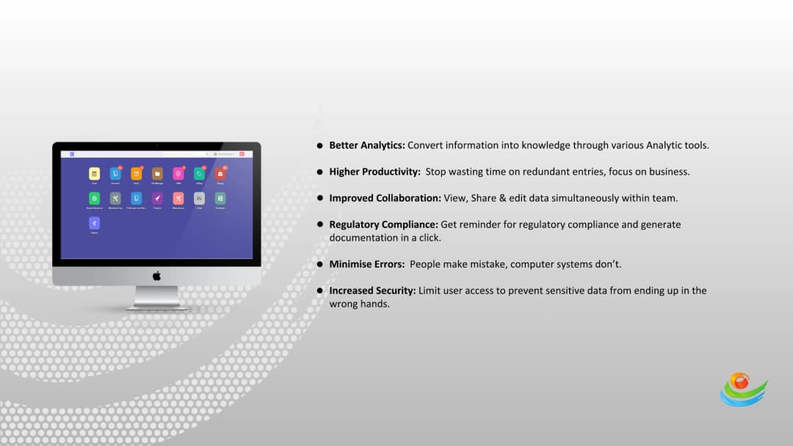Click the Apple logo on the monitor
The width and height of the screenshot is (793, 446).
click(x=156, y=276)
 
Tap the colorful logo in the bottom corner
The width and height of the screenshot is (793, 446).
click(x=742, y=389)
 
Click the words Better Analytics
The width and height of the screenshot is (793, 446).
click(x=367, y=145)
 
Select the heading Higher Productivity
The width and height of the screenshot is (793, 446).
click(x=374, y=172)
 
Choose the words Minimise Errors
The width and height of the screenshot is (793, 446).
click(x=366, y=264)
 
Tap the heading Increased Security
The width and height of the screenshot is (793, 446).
click(x=372, y=290)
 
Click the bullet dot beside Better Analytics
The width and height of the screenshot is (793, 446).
click(x=320, y=145)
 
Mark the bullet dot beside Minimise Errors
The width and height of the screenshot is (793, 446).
click(x=320, y=264)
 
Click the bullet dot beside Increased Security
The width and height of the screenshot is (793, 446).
click(x=320, y=290)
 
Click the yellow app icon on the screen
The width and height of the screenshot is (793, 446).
click(x=94, y=173)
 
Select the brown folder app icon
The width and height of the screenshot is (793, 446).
click(x=157, y=173)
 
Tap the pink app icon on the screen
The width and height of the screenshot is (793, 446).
click(x=178, y=173)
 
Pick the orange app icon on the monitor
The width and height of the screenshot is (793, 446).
click(x=137, y=173)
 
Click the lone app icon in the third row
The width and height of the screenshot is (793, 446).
click(x=94, y=222)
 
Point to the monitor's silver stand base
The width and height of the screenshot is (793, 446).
click(x=156, y=307)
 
